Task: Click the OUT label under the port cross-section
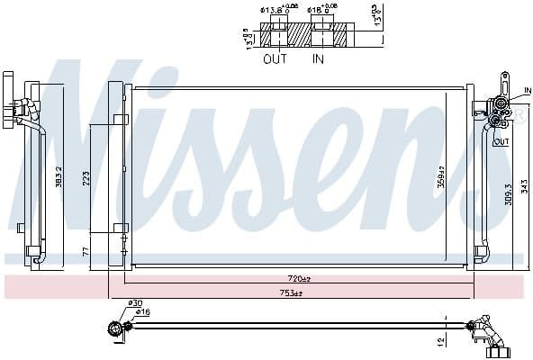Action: coord(274,59)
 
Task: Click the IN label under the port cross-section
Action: coord(318,59)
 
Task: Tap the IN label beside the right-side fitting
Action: coord(528,91)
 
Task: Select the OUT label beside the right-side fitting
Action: coord(501,141)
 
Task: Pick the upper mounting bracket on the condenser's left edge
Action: coord(121,119)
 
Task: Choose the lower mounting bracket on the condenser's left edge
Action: coord(121,228)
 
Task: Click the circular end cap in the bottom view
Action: coord(114,329)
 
